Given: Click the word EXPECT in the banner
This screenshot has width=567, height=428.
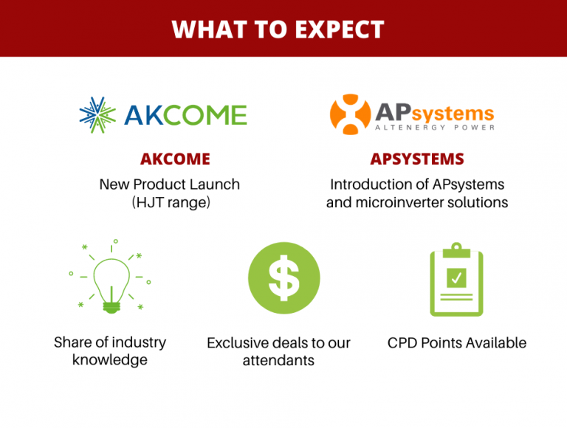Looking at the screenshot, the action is [340, 30].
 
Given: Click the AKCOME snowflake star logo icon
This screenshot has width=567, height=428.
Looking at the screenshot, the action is [97, 115].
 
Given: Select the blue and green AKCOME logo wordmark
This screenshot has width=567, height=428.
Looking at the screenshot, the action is [186, 115].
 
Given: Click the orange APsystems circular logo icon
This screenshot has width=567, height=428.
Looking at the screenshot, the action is [350, 114].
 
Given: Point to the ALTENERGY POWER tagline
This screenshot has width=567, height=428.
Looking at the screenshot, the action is [435, 127].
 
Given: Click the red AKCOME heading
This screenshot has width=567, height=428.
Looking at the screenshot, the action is [176, 159].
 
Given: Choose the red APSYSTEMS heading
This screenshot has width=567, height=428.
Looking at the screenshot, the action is [417, 159].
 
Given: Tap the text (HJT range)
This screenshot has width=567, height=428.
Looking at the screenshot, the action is [171, 202].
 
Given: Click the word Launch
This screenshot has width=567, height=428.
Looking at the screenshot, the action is [215, 184].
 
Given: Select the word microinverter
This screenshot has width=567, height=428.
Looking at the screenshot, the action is [399, 202].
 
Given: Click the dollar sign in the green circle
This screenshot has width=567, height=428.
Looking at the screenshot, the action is [283, 278].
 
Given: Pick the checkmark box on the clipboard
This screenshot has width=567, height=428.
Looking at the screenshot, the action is [456, 277].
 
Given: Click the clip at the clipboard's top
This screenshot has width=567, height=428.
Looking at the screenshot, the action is [456, 250].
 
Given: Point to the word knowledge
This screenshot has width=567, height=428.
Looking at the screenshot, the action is [110, 360].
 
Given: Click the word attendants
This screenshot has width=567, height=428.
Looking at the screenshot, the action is [278, 360].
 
